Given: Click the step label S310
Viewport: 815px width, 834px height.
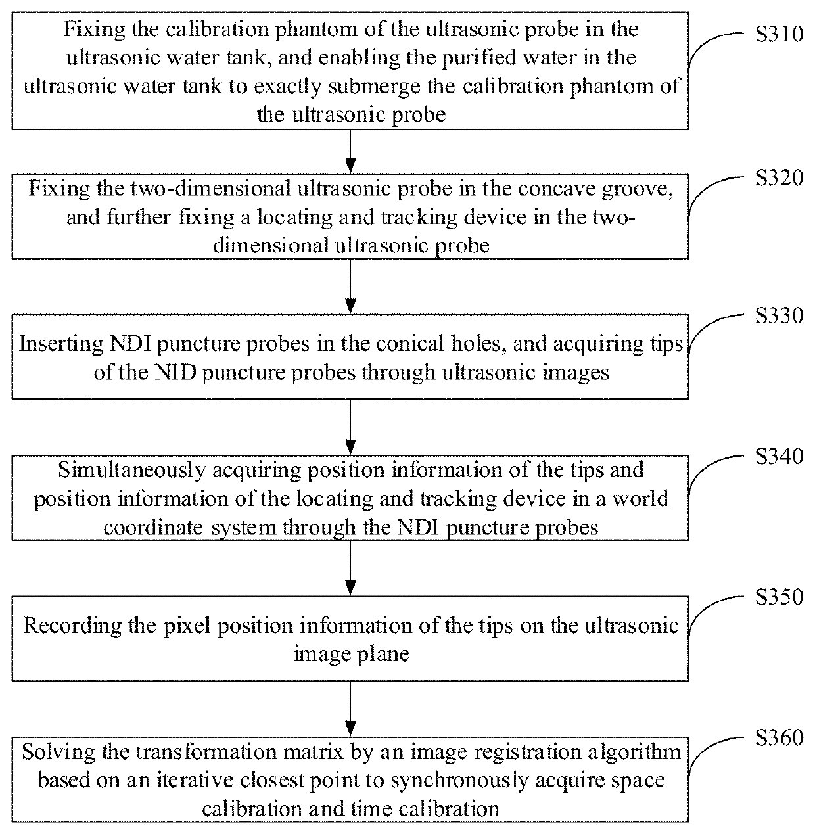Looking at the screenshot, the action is pyautogui.click(x=779, y=34).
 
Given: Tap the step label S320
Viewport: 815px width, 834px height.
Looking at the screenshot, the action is pyautogui.click(x=779, y=178).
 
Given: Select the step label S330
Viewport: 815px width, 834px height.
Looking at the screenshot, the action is pyautogui.click(x=779, y=316).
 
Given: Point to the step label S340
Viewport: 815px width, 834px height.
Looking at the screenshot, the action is pyautogui.click(x=779, y=456).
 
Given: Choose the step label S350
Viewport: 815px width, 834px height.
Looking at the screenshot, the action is pyautogui.click(x=779, y=597).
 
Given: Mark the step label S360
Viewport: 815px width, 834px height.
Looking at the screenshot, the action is pyautogui.click(x=779, y=737).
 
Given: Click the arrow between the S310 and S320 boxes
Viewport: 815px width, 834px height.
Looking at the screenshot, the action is pyautogui.click(x=350, y=151).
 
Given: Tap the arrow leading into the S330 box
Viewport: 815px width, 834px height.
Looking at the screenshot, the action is pyautogui.click(x=350, y=287).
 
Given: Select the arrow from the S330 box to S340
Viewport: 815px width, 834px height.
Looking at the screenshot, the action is pyautogui.click(x=350, y=427).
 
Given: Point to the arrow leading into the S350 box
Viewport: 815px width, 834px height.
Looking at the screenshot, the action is pyautogui.click(x=350, y=568).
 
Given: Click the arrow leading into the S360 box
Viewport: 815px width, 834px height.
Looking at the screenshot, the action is pyautogui.click(x=350, y=709).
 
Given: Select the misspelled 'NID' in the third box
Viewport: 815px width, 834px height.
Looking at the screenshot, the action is pyautogui.click(x=175, y=372).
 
